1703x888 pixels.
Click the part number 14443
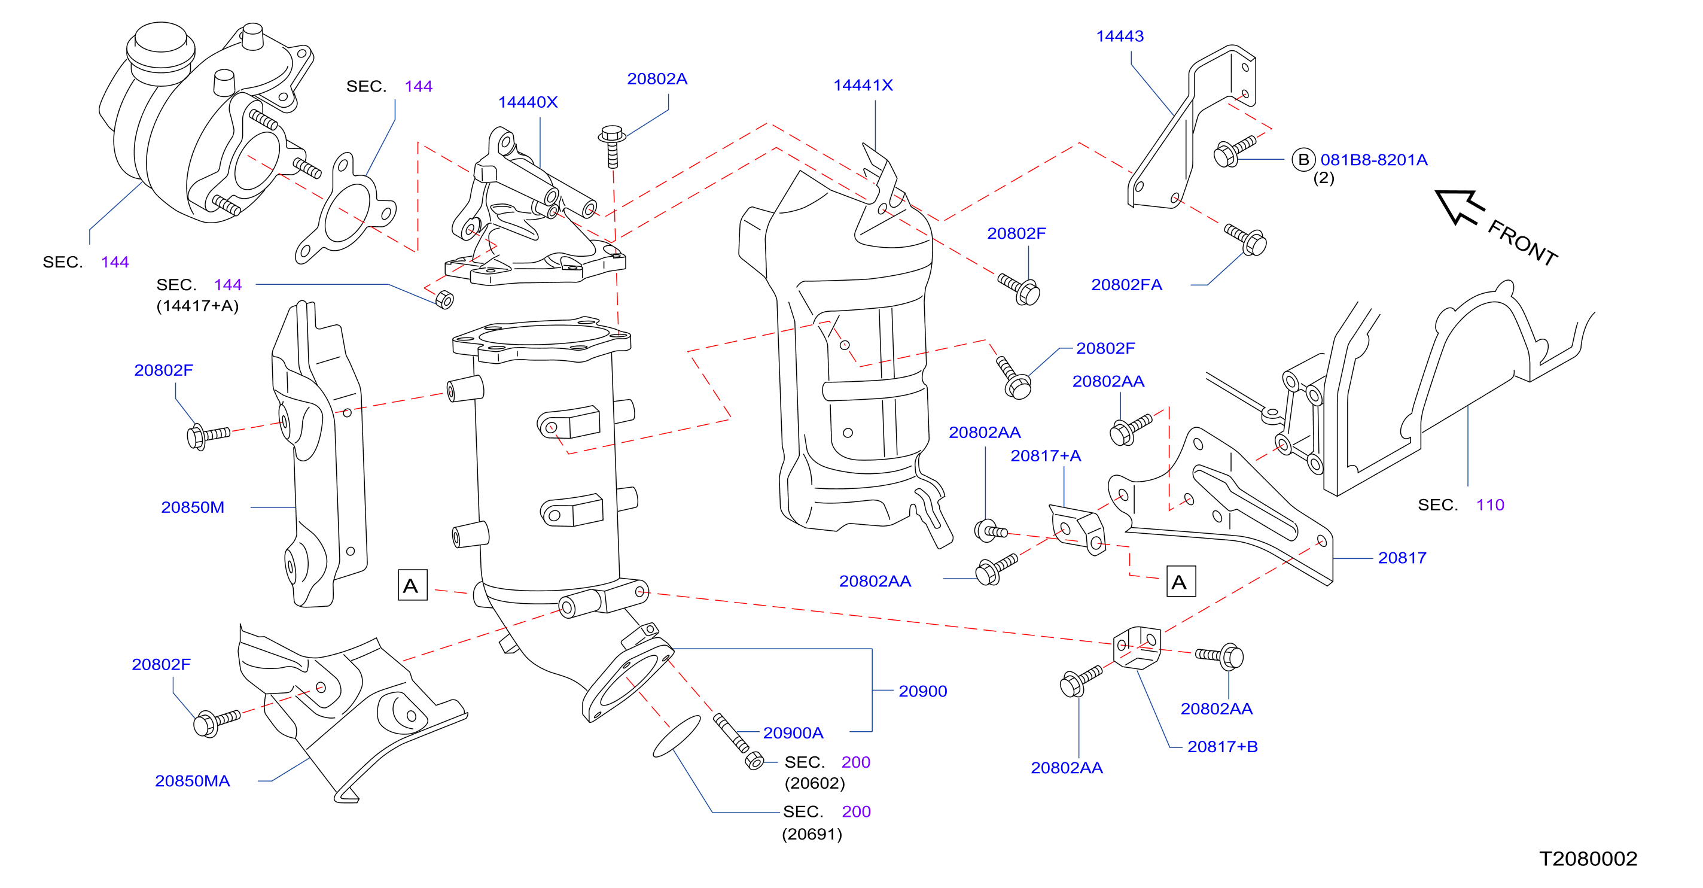(x=1120, y=37)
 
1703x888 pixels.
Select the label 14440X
(x=528, y=102)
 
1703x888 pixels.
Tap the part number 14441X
(x=863, y=86)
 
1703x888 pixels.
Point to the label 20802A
(x=657, y=78)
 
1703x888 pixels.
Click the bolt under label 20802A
(x=612, y=145)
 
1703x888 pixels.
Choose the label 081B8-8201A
(x=1374, y=160)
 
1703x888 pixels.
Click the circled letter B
(x=1303, y=160)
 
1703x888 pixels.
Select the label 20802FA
(x=1126, y=285)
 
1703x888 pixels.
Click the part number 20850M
(x=193, y=507)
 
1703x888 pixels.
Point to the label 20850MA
(x=193, y=781)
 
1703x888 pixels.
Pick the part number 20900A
(x=793, y=732)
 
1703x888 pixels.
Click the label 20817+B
(x=1223, y=747)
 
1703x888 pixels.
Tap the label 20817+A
(x=1046, y=455)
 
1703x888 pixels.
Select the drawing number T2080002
(x=1588, y=858)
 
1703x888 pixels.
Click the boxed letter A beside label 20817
(x=1181, y=582)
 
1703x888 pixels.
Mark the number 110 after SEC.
(x=1490, y=505)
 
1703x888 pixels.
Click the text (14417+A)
(x=197, y=306)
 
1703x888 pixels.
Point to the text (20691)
(x=812, y=834)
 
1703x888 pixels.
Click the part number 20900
(x=923, y=691)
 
